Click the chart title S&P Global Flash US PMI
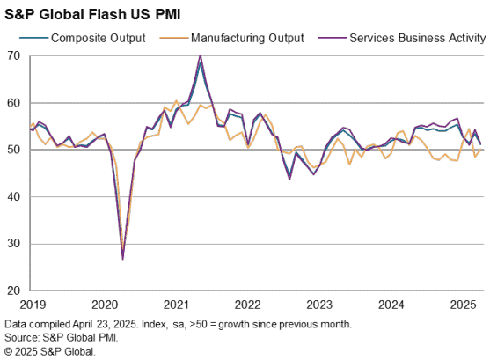point(92,14)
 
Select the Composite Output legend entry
point(83,38)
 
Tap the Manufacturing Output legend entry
point(231,38)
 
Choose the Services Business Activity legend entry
point(402,38)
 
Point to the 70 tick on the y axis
point(13,56)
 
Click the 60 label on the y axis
point(13,103)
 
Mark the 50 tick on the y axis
point(13,150)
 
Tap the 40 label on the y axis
point(13,197)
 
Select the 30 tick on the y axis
point(13,244)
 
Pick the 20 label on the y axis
point(13,290)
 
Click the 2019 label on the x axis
point(33,305)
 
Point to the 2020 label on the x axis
point(105,305)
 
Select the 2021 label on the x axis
point(176,305)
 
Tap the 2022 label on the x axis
point(248,305)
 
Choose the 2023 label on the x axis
point(319,305)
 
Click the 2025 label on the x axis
point(463,305)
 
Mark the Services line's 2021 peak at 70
point(201,56)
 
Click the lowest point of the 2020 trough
point(123,259)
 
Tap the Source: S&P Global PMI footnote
point(62,338)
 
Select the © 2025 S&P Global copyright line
point(50,351)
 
